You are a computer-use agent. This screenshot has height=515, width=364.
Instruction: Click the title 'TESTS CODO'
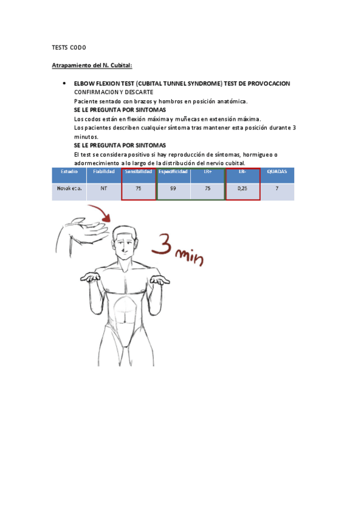click(69, 47)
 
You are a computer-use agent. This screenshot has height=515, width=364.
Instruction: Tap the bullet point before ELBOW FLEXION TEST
click(64, 83)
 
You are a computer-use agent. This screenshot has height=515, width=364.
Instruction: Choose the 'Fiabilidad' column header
click(103, 172)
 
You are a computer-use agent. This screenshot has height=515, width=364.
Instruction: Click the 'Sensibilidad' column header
click(139, 172)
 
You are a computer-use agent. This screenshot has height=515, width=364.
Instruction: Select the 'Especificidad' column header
click(173, 172)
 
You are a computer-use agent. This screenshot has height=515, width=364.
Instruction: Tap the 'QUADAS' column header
click(276, 172)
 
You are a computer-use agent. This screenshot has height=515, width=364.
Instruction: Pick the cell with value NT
click(103, 189)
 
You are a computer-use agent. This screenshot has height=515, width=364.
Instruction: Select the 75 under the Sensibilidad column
click(139, 189)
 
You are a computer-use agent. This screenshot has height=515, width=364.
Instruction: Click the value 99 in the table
click(173, 189)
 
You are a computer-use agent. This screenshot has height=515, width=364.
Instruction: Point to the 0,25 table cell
click(242, 189)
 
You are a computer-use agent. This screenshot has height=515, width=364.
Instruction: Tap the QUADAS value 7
click(276, 189)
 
